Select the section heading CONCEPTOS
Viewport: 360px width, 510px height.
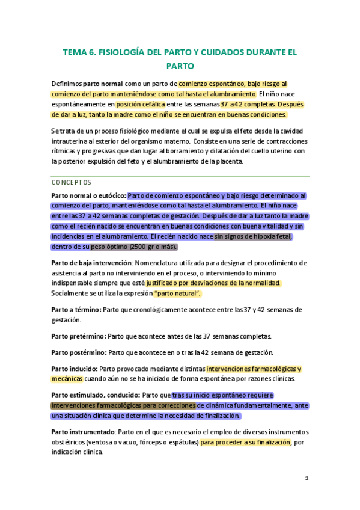[72, 182]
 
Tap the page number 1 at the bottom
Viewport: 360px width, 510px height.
[307, 478]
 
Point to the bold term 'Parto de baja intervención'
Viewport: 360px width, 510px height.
[91, 263]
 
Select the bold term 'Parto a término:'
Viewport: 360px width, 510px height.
[76, 309]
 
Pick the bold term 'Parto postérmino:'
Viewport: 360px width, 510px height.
[80, 352]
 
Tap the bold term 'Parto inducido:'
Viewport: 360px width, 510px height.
[75, 369]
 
